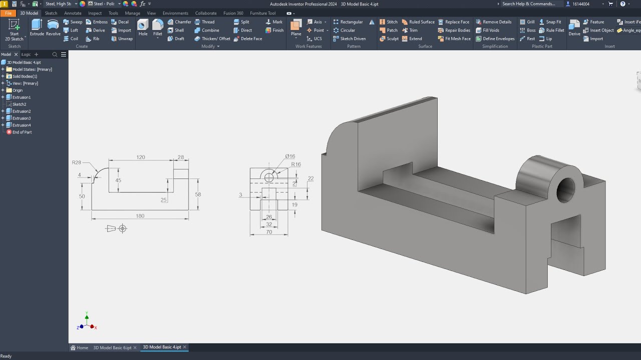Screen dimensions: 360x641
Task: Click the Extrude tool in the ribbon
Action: [37, 27]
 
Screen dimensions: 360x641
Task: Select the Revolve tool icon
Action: [53, 27]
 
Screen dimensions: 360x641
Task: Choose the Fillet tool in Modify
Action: [158, 27]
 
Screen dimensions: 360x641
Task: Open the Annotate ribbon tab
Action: [73, 13]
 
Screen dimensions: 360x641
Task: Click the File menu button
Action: [8, 13]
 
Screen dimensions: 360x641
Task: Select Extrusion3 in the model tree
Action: [22, 118]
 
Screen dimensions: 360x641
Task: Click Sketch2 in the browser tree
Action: [19, 104]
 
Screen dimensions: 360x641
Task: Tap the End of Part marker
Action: [22, 132]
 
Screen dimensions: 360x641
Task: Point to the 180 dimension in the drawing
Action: [140, 216]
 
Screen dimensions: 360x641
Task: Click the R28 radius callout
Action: [76, 162]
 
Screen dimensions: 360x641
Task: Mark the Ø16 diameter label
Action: [290, 156]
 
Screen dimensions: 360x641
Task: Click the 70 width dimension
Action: [269, 232]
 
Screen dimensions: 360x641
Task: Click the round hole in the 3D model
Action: [566, 189]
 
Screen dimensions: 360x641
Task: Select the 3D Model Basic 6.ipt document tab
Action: [112, 347]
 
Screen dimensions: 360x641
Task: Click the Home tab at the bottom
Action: [80, 347]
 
